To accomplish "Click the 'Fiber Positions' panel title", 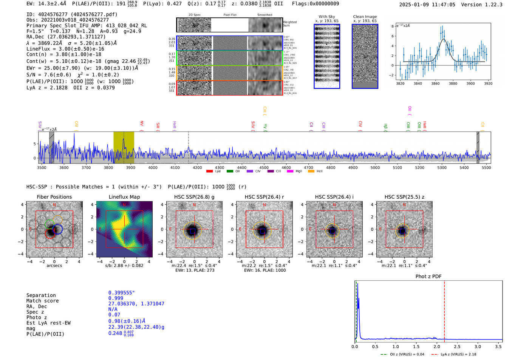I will (x=54, y=197).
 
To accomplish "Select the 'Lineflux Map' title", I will (x=124, y=197).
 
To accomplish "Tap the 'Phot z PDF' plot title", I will (x=428, y=276).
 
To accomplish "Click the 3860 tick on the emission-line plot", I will (x=435, y=83).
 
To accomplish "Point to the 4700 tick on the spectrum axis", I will (x=308, y=167).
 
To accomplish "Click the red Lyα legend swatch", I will (x=209, y=171).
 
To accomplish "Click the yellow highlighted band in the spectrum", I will (x=124, y=147).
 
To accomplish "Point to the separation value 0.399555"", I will (x=121, y=293).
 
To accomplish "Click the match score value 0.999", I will (x=116, y=298).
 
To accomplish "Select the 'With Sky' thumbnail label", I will (x=326, y=17).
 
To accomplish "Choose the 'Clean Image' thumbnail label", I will (x=365, y=17).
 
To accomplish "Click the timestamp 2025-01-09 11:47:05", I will (x=427, y=5).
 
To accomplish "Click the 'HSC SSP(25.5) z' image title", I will (x=404, y=197).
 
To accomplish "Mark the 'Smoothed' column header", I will (x=264, y=15).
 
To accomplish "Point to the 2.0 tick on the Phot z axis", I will (x=436, y=346).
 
